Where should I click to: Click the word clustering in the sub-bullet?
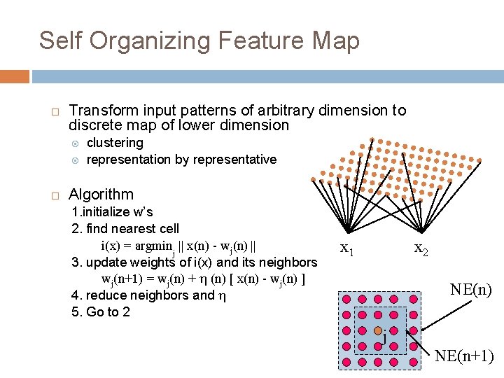115,143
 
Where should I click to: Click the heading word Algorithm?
101,195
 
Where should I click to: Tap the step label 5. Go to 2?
101,312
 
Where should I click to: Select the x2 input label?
421,248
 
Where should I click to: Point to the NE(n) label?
471,289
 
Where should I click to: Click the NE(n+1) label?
464,356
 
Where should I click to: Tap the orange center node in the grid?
378,330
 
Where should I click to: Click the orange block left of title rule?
15,76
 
